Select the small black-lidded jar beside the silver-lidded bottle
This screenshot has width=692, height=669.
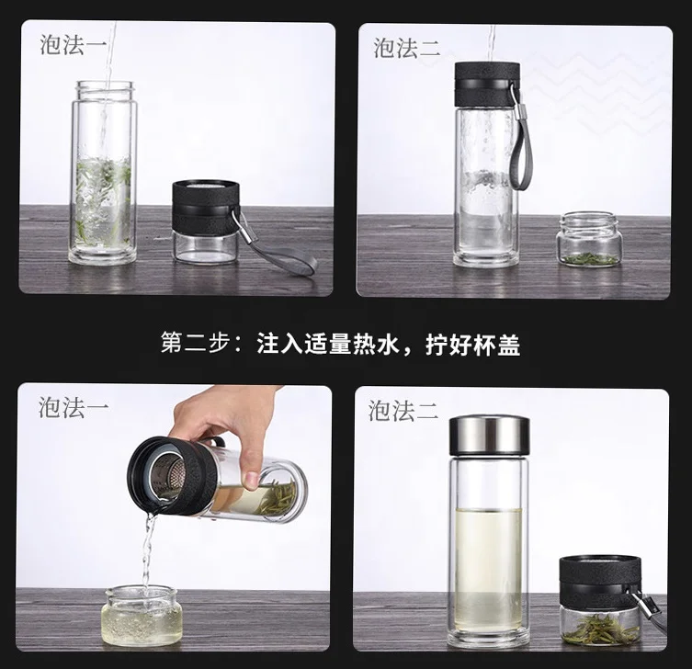tap(600, 601)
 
